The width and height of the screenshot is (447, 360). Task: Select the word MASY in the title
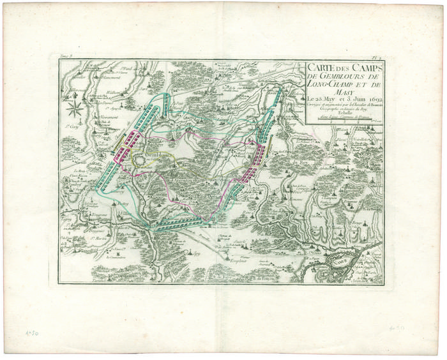click(x=317, y=91)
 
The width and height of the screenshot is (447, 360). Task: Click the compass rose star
click(x=75, y=106)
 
